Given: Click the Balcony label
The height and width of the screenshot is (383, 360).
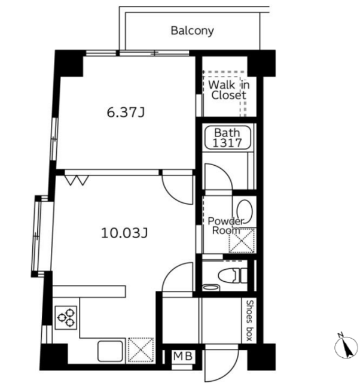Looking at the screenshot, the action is click(x=192, y=31).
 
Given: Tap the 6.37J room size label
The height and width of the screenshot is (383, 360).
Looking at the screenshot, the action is click(x=126, y=113).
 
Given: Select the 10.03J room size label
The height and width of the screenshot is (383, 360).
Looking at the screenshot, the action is click(x=124, y=233).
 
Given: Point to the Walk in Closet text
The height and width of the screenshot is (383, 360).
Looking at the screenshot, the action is click(x=228, y=90).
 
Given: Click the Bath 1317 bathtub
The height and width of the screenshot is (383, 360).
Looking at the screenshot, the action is click(x=228, y=137).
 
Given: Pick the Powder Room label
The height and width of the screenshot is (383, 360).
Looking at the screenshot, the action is click(x=226, y=226).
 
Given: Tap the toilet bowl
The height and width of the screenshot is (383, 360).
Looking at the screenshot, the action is click(x=233, y=276).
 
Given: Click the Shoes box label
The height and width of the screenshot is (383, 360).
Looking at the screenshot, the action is click(x=249, y=321).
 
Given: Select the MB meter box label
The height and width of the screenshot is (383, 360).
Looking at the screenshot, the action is click(x=183, y=356).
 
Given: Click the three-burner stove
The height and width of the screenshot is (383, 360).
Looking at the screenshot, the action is click(x=66, y=317).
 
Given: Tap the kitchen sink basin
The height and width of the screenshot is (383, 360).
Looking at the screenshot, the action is click(x=110, y=351).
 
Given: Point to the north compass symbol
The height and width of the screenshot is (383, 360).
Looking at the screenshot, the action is click(x=346, y=345).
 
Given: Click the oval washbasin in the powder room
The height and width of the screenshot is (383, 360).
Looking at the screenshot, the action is click(x=245, y=211).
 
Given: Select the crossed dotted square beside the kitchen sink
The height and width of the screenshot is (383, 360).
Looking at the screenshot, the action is click(x=141, y=350).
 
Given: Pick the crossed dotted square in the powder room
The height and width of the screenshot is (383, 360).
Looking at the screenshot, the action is click(x=242, y=241).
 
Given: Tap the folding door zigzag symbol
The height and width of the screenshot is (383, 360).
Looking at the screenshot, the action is click(x=77, y=180).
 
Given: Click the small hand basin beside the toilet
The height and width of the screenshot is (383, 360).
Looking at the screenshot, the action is click(x=211, y=287).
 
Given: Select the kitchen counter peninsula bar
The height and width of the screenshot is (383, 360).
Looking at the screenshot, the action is click(x=89, y=291).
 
